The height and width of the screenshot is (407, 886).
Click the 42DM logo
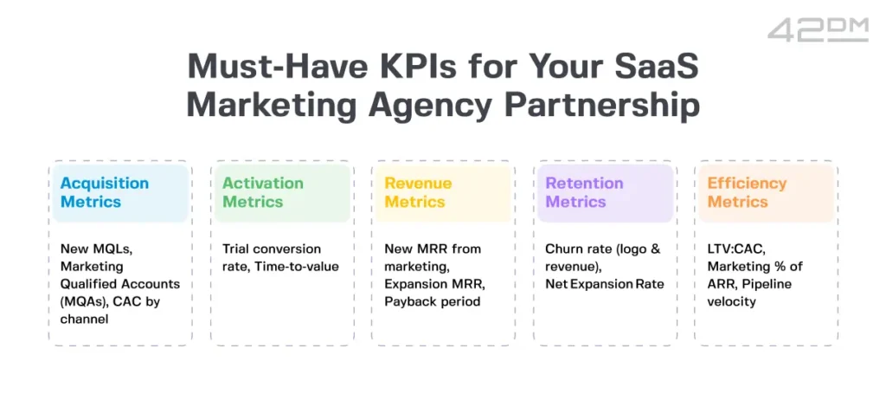[818, 29]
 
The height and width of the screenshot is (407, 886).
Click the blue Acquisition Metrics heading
[105, 192]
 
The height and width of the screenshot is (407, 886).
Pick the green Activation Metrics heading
[263, 192]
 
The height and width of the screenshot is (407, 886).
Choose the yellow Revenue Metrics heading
[418, 192]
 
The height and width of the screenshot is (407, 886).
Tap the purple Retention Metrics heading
[584, 192]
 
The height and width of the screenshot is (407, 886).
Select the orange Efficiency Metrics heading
[747, 192]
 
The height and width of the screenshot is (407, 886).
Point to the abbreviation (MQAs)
[84, 302]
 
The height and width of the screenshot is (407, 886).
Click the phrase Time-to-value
[297, 266]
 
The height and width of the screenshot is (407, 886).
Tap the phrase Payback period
[433, 302]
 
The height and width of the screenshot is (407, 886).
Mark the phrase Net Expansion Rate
[605, 284]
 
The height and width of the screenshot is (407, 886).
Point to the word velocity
[731, 302]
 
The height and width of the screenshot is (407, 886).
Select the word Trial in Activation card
[235, 249]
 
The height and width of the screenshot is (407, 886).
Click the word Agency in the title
[430, 106]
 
